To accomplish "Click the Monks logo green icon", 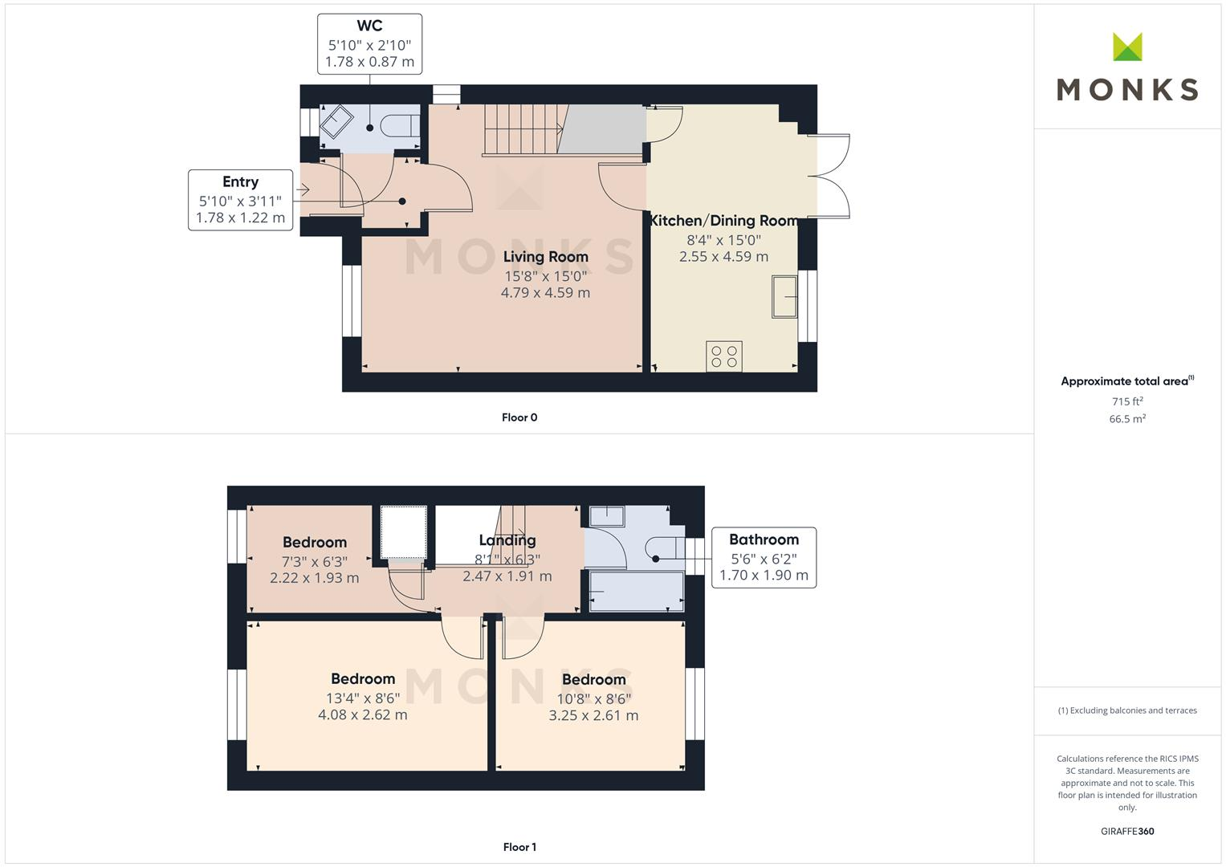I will (1127, 47).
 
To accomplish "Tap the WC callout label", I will (369, 44).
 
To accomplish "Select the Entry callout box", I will (240, 200).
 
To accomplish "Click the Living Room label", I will (545, 257).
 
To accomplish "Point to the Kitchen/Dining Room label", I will (723, 221).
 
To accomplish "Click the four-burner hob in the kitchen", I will (724, 356).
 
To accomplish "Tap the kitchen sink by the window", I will (784, 297).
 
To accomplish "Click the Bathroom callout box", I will (764, 557).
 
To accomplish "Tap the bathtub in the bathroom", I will (636, 592).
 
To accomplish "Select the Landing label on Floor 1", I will (507, 540).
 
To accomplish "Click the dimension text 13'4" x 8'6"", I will (363, 698).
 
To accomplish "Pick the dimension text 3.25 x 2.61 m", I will (593, 715).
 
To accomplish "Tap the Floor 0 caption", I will (519, 417).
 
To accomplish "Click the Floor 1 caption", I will (519, 847).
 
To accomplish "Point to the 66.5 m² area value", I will (1126, 419).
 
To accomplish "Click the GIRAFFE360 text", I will (1126, 831).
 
